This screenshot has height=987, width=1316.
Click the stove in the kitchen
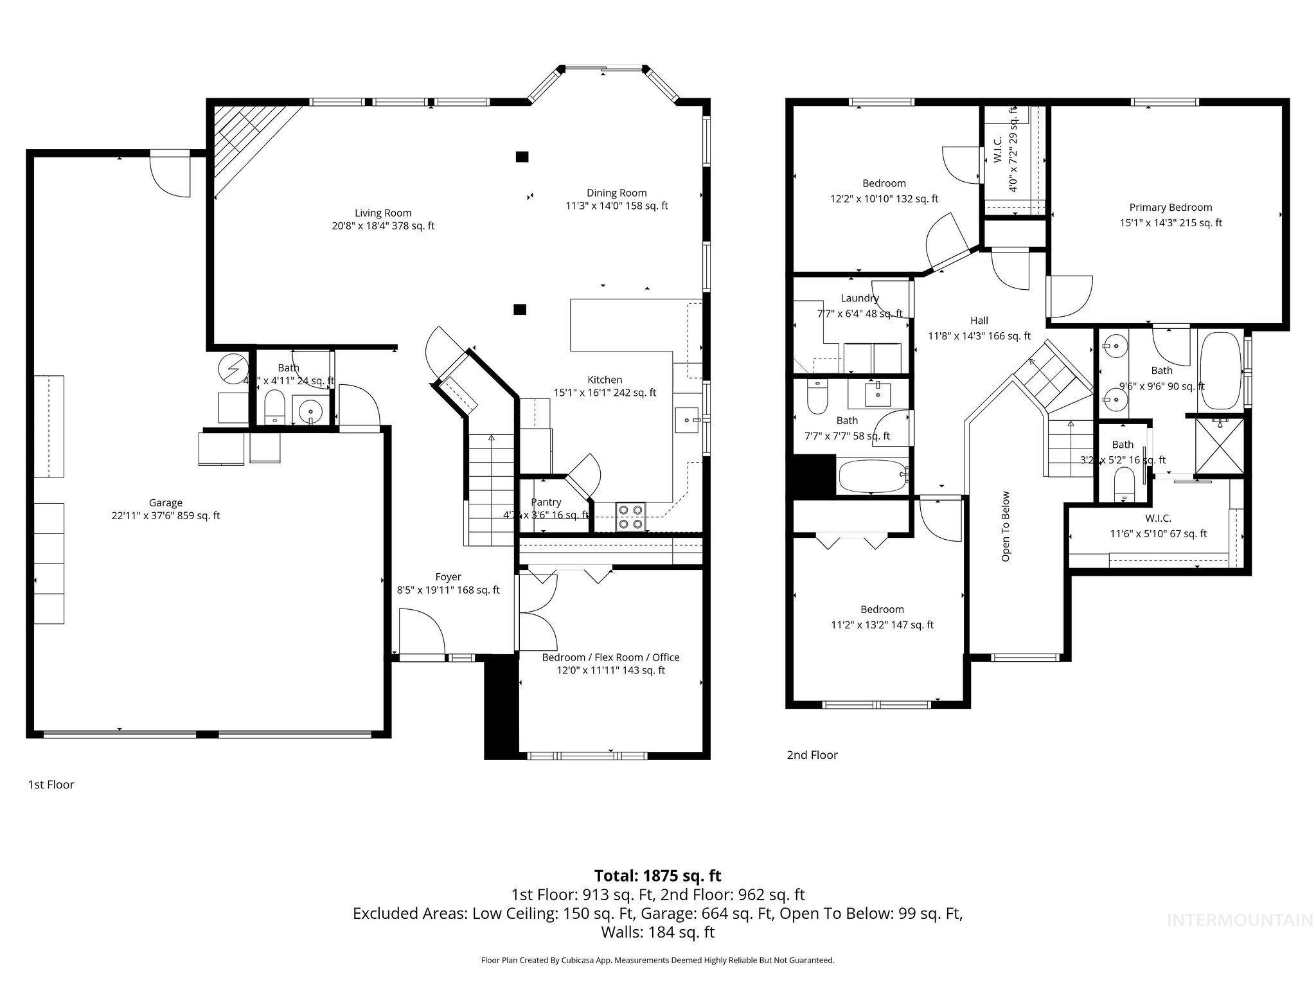tap(630, 517)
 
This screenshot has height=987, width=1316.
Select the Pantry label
tap(546, 502)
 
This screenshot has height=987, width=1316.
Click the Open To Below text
tap(1006, 526)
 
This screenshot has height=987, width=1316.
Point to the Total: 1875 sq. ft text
tap(657, 876)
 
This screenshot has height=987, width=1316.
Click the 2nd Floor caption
tap(812, 755)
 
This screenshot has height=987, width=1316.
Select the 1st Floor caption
tap(51, 785)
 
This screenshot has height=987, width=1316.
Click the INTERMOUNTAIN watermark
tap(1240, 920)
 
